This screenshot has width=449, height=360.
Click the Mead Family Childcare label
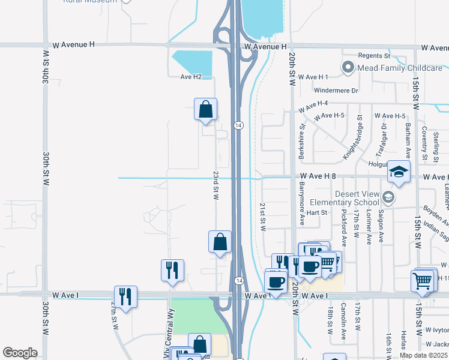tap(400, 68)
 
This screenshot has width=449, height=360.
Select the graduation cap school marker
tap(399, 172)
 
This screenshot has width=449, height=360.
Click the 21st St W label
tap(262, 216)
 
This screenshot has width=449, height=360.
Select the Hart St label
tap(316, 212)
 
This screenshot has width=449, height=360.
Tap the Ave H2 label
tap(191, 77)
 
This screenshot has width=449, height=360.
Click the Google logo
tap(20, 353)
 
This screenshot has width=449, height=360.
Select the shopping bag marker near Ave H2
tap(205, 109)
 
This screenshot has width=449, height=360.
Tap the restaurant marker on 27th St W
tap(126, 296)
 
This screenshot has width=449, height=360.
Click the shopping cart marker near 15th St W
tap(423, 280)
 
